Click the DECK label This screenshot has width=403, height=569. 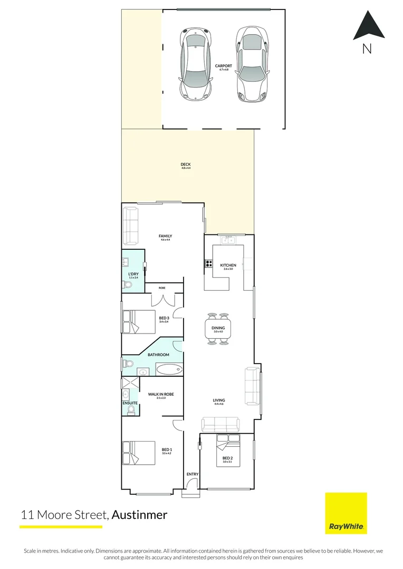coord(186,165)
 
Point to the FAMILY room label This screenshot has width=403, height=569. coord(166,236)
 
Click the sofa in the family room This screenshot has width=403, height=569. coord(130,227)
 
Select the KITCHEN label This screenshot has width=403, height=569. coord(228,265)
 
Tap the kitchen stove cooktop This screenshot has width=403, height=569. coord(208,264)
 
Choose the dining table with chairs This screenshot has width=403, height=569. coord(218,329)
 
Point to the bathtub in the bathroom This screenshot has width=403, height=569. coord(169,369)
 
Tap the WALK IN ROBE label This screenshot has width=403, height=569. coord(161,394)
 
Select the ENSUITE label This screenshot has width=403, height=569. coord(130,403)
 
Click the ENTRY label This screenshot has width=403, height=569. coord(193,474)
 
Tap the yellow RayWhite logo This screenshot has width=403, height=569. coord(346,513)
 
